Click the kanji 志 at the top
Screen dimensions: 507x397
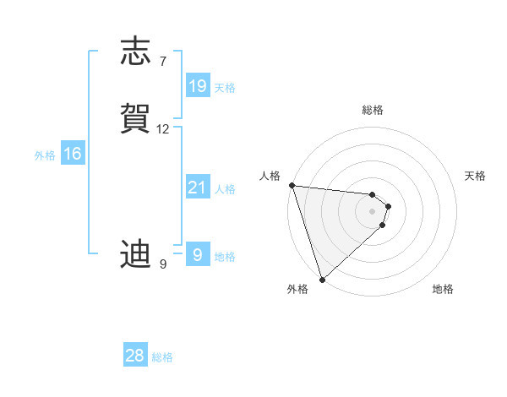137,52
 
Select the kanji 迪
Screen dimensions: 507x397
137,254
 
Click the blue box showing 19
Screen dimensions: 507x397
198,85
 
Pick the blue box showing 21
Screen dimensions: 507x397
198,188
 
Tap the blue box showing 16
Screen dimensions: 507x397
73,154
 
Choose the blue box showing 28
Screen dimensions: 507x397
135,356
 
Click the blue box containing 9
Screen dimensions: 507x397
198,254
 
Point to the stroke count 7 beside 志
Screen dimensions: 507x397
163,62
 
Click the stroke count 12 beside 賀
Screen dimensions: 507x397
163,129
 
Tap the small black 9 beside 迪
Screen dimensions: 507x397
163,264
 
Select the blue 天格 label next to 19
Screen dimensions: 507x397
225,88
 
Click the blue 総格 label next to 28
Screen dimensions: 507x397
162,358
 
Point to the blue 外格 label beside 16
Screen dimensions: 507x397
44,155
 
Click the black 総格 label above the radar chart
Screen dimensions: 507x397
373,110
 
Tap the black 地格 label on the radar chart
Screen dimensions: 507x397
443,289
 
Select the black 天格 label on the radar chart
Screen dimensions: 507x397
475,176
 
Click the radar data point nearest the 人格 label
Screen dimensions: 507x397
292,185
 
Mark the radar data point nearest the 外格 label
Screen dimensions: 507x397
322,279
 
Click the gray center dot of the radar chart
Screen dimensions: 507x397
373,210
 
